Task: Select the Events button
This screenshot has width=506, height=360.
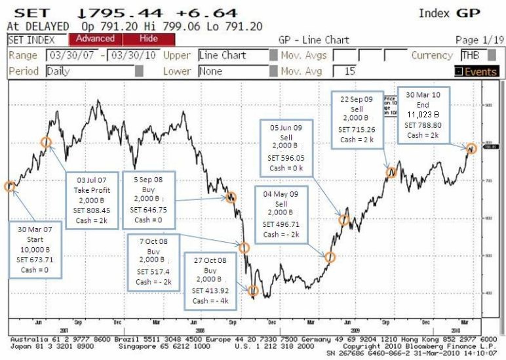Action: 476,71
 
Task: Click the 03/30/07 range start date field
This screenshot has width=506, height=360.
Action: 74,56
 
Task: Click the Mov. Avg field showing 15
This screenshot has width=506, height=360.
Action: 357,71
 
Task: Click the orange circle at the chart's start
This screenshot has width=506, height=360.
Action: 10,186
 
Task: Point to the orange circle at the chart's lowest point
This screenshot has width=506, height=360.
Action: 253,290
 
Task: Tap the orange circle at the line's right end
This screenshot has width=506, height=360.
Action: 471,148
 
